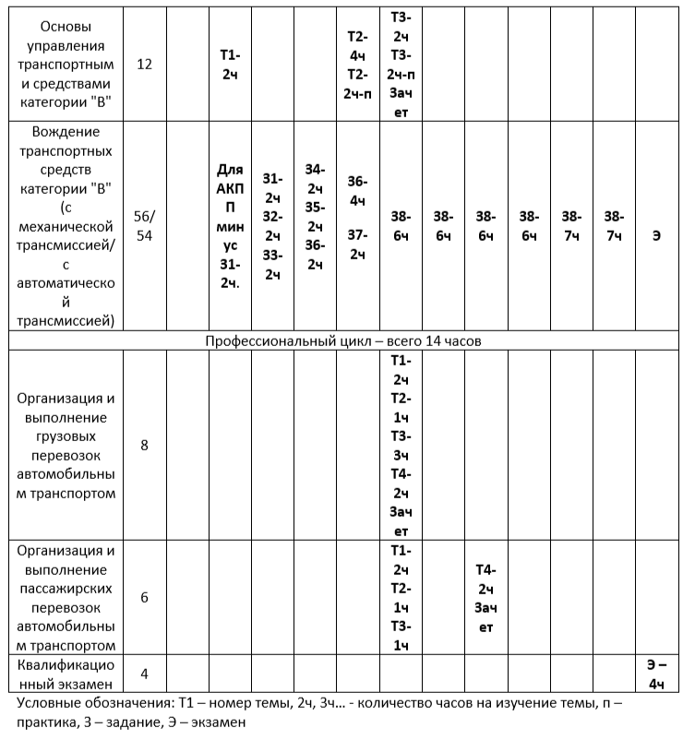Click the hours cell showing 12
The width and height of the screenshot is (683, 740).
click(x=144, y=65)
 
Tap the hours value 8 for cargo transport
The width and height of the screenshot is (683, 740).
click(x=144, y=446)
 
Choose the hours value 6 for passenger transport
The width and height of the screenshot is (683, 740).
click(x=144, y=597)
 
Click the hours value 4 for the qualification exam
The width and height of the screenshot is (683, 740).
click(x=144, y=674)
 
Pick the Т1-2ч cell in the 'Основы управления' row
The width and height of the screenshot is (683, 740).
click(x=229, y=65)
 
